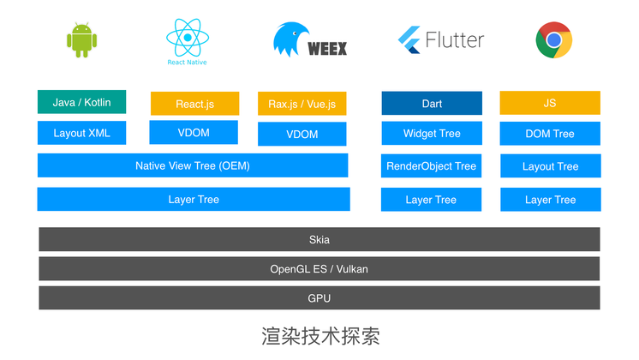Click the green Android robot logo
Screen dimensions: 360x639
coord(81,39)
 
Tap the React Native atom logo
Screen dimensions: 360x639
coord(187,41)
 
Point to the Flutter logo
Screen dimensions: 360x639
coord(441,39)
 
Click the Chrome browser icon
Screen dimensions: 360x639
coord(553,39)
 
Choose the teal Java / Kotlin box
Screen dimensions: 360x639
coord(81,102)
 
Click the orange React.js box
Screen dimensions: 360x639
coord(194,104)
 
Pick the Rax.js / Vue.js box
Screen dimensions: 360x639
coord(302,104)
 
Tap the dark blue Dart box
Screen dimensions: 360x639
coord(432,104)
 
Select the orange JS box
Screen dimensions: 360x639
coord(550,103)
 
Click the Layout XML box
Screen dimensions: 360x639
coord(81,133)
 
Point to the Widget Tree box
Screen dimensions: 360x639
coord(432,134)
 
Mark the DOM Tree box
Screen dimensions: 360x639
coord(550,134)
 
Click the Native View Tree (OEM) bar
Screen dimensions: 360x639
coord(193,165)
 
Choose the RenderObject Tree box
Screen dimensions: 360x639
coord(431,166)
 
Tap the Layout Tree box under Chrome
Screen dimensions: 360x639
coord(550,166)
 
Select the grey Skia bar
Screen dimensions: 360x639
coord(319,240)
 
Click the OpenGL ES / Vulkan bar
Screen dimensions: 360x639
coord(319,269)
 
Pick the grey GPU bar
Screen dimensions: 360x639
coord(319,298)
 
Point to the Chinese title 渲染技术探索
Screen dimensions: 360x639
coord(319,335)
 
